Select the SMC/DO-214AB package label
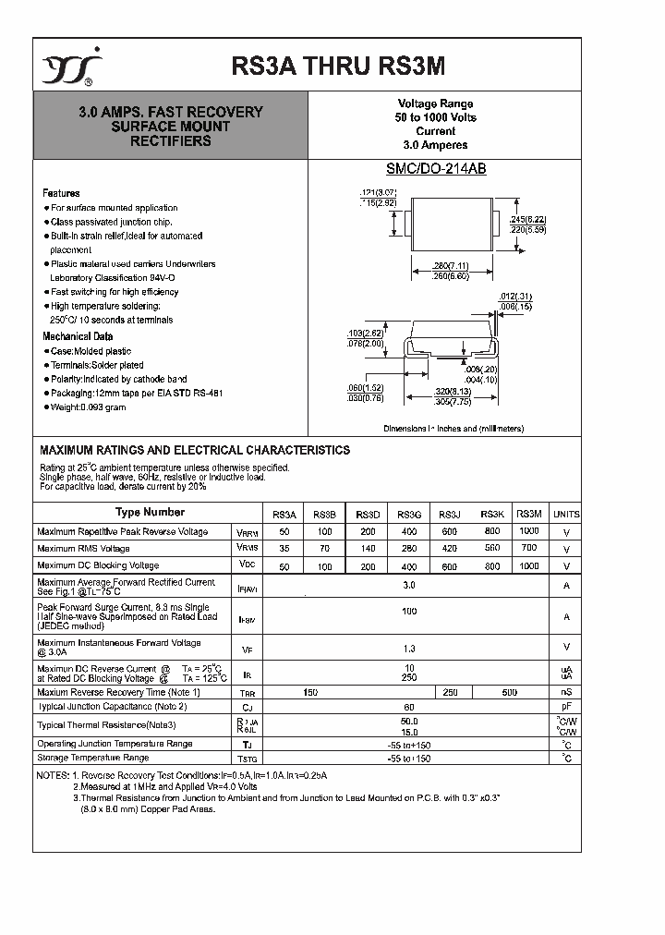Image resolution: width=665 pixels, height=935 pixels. (435, 169)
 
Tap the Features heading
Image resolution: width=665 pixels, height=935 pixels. (61, 193)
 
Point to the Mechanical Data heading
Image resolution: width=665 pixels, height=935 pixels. (78, 336)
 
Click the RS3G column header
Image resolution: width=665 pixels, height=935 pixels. (409, 515)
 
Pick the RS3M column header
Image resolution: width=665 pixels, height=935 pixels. (529, 514)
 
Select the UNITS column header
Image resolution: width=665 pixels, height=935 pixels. (566, 515)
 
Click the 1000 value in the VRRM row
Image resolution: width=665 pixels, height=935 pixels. (529, 531)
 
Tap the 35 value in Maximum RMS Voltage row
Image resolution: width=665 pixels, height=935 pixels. (284, 549)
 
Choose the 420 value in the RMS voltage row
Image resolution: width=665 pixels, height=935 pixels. (450, 549)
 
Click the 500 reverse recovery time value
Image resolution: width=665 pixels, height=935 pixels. (509, 692)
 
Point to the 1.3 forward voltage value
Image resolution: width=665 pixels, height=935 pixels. (409, 648)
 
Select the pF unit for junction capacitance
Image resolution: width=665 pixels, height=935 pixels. (566, 707)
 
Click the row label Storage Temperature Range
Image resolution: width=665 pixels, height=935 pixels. (92, 758)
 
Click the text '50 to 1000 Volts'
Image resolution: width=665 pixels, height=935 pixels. (435, 118)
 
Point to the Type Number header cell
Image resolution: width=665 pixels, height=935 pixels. (150, 512)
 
